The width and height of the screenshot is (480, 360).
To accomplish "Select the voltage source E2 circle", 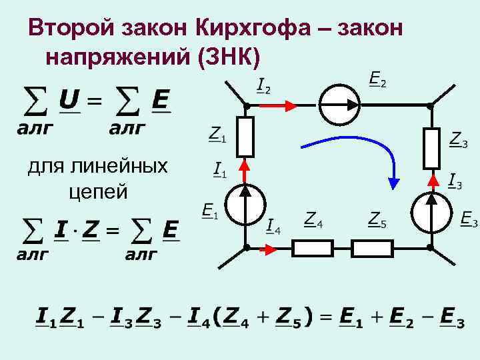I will tap(339, 105).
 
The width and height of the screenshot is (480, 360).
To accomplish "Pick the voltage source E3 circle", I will tap(431, 213).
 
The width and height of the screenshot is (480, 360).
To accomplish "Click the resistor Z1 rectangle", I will tap(246, 137).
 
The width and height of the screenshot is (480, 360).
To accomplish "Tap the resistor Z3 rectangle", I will tap(431, 149).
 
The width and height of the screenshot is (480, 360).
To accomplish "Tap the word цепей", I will tap(98, 191).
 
